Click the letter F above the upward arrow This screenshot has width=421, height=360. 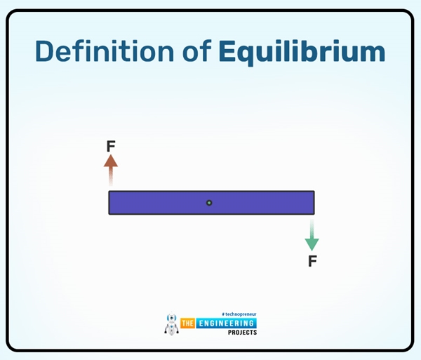tap(111, 147)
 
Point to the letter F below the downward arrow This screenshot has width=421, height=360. tap(312, 262)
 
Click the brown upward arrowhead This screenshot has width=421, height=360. tap(111, 161)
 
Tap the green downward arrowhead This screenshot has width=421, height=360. tap(312, 244)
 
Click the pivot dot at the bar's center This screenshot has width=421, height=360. tap(209, 203)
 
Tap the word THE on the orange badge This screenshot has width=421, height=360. tap(187, 324)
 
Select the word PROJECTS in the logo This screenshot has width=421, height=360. tap(243, 332)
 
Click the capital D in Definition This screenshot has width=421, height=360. tap(46, 53)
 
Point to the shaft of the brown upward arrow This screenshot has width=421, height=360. tap(111, 177)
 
